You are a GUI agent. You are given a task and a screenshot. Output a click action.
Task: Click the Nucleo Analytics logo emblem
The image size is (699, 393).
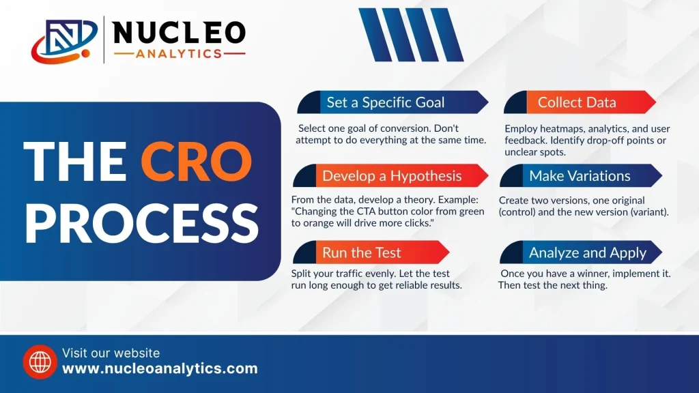click(x=64, y=41)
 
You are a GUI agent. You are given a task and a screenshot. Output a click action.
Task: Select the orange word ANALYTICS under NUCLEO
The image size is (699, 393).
click(x=179, y=54)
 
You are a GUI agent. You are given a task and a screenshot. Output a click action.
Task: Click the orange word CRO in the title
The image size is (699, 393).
click(x=197, y=162)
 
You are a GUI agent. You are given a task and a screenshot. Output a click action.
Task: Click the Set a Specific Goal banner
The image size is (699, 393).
click(x=393, y=102)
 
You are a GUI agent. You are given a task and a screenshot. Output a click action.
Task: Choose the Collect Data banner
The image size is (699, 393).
click(x=580, y=102)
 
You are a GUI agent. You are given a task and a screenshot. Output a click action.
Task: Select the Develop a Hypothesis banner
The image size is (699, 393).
click(x=390, y=175)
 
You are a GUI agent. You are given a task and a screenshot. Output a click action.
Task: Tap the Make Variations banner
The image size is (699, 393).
click(x=581, y=175)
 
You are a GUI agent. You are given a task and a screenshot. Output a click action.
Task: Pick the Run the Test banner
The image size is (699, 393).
click(x=371, y=252)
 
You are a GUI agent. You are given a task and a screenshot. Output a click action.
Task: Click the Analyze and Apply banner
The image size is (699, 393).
click(x=581, y=252)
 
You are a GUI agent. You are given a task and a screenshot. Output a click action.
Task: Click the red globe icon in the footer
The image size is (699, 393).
click(x=40, y=362)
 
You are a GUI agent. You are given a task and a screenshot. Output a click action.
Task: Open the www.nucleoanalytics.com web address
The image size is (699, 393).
click(x=160, y=368)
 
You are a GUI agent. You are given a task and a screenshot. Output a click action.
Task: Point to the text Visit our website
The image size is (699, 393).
click(x=111, y=353)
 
